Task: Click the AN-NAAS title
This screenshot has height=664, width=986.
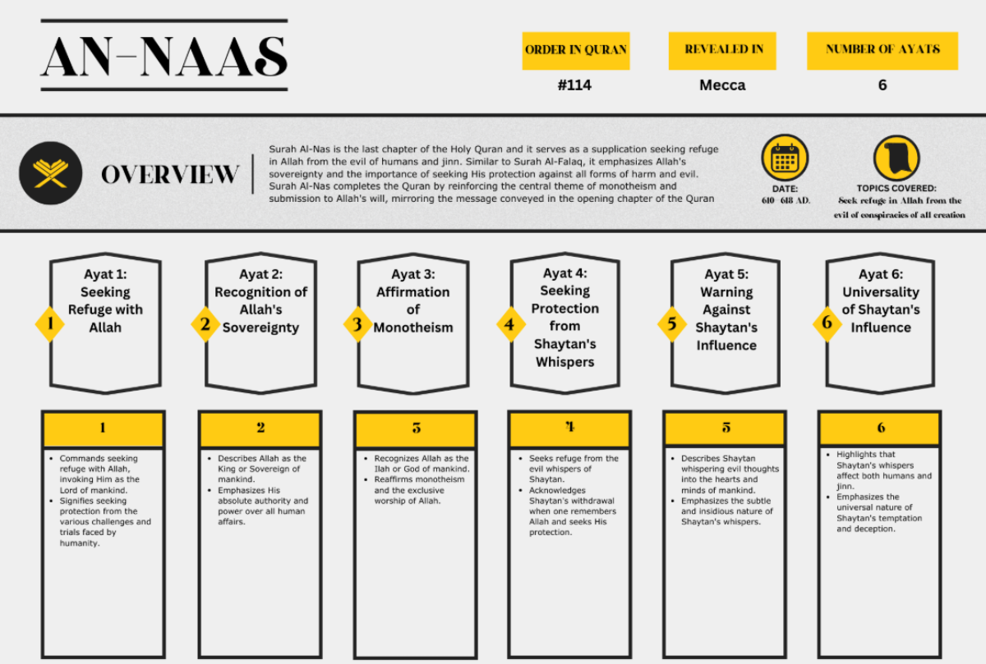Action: pyautogui.click(x=164, y=56)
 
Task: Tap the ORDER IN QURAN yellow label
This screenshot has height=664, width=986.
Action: pyautogui.click(x=575, y=50)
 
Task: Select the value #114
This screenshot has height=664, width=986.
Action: pyautogui.click(x=574, y=85)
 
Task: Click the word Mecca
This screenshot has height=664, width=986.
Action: pyautogui.click(x=721, y=85)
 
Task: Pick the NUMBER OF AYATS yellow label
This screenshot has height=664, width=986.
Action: pyautogui.click(x=882, y=50)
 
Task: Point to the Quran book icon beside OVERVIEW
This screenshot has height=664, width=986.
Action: pyautogui.click(x=51, y=174)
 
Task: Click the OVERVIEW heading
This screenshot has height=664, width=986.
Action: pyautogui.click(x=170, y=175)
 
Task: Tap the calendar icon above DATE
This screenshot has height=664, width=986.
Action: pyautogui.click(x=785, y=158)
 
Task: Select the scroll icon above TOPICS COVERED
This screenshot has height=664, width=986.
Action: pyautogui.click(x=896, y=158)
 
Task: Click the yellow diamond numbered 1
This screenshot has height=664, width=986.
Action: pyautogui.click(x=50, y=324)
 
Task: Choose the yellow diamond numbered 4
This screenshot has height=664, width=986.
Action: pyautogui.click(x=510, y=324)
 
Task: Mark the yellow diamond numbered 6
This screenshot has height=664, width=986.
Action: pyautogui.click(x=827, y=323)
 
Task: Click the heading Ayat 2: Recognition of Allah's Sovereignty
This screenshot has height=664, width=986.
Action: pyautogui.click(x=260, y=300)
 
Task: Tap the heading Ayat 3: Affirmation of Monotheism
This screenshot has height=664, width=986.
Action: pyautogui.click(x=412, y=300)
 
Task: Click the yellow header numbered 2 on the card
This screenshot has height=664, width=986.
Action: pyautogui.click(x=260, y=428)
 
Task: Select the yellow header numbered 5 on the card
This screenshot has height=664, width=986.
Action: pyautogui.click(x=726, y=428)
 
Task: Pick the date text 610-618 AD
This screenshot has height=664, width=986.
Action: pyautogui.click(x=785, y=200)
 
